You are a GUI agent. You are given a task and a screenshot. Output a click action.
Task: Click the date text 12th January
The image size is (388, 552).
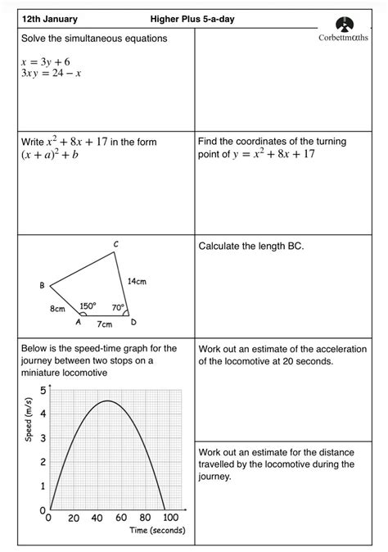tap(49, 19)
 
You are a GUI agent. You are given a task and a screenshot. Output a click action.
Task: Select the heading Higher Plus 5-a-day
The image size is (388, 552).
tap(192, 19)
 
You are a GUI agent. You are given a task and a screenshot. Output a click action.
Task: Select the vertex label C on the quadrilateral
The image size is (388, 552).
tap(115, 244)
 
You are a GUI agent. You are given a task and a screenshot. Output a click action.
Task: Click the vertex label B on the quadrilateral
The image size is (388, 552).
tap(42, 285)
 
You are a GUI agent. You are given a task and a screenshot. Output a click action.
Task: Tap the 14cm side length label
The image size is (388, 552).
tap(136, 281)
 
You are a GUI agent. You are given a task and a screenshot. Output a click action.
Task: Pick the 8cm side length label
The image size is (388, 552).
tap(56, 310)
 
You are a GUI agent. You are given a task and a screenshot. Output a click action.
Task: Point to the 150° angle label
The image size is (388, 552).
tap(88, 306)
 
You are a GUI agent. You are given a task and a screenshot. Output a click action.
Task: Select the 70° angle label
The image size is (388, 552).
tap(118, 308)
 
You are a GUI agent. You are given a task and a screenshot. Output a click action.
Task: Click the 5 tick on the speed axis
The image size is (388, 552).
tap(43, 390)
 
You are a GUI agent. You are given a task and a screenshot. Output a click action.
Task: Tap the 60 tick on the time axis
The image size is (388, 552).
tap(120, 518)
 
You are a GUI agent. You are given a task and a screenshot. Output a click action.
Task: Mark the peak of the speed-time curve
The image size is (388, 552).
tap(107, 400)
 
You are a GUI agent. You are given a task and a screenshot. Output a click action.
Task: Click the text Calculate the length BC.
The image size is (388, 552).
tap(251, 245)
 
